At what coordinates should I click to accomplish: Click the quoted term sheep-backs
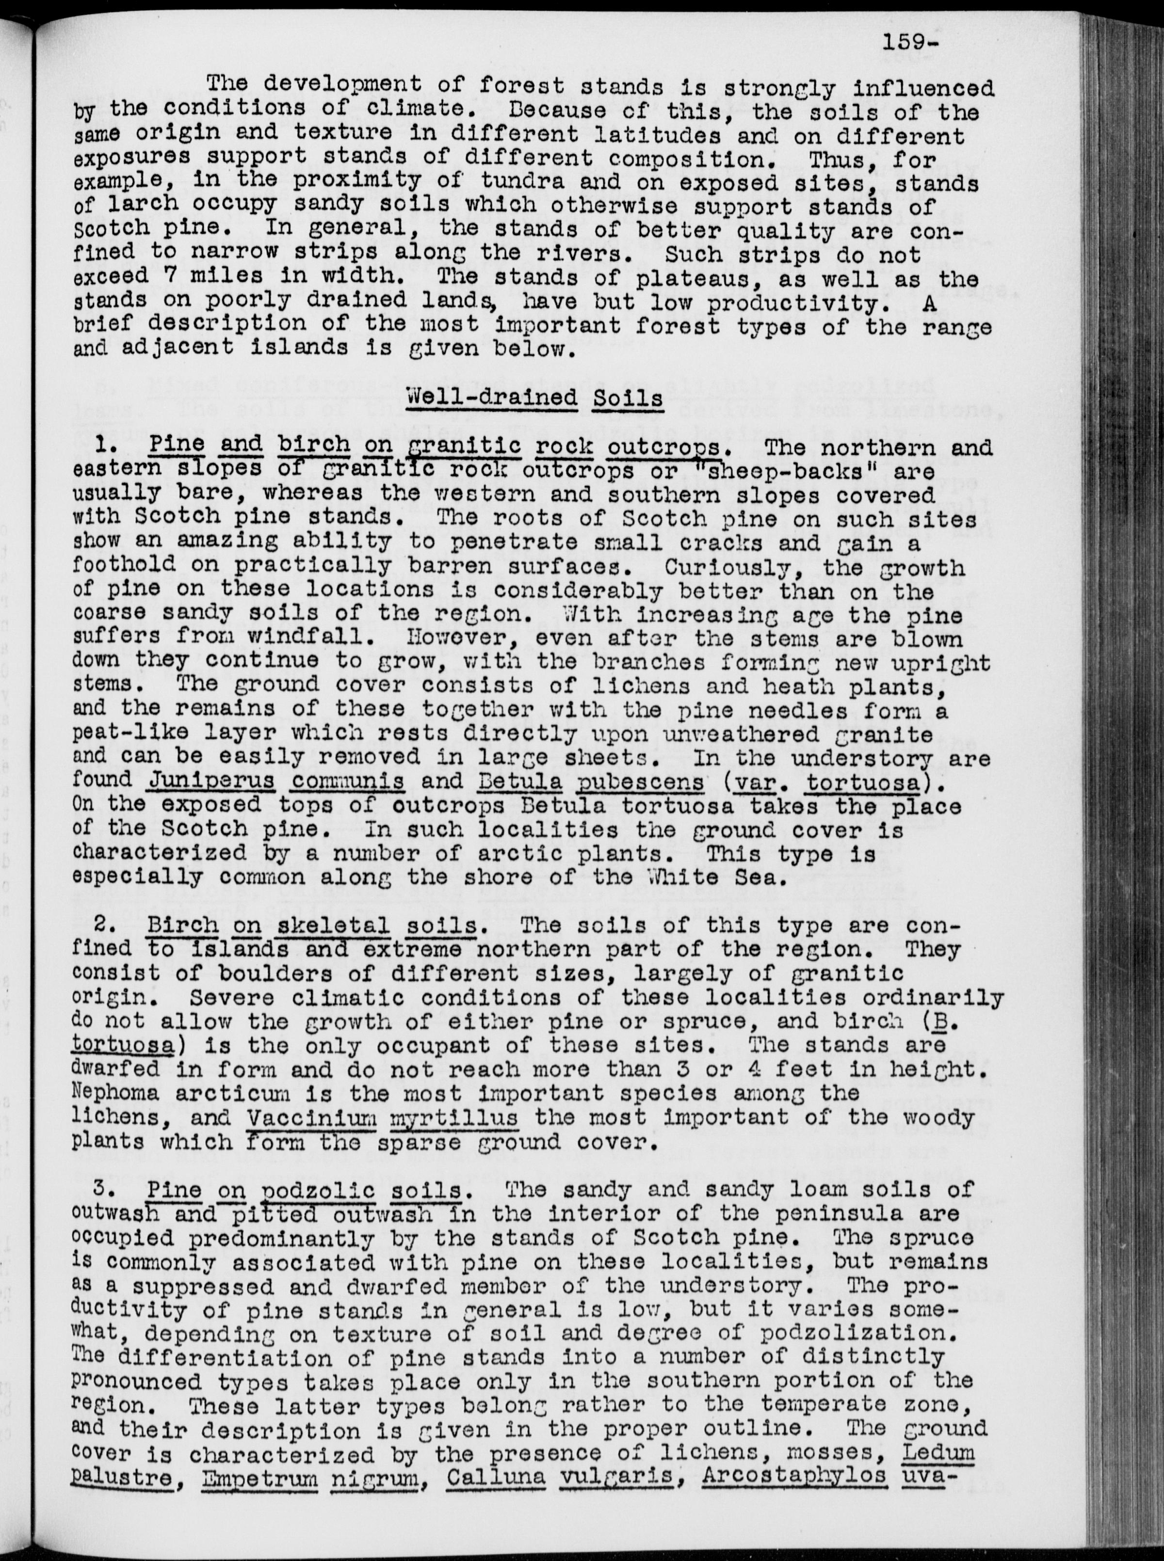click(x=812, y=471)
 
